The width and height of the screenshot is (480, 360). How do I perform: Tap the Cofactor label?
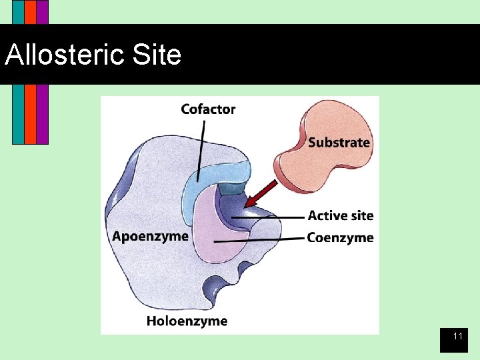click(208, 109)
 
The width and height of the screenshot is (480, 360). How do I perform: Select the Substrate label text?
click(339, 142)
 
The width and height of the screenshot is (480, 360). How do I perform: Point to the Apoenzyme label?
click(150, 236)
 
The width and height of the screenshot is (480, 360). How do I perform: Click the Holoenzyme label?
click(187, 321)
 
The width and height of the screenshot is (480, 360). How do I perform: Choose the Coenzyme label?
click(340, 238)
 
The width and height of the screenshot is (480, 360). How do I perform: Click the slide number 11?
click(458, 337)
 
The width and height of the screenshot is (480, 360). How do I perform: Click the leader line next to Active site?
click(280, 217)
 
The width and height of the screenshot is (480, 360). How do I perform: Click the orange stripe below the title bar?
click(30, 113)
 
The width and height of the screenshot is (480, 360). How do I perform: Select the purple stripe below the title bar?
click(42, 113)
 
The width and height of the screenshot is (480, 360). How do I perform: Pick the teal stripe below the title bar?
click(18, 113)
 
